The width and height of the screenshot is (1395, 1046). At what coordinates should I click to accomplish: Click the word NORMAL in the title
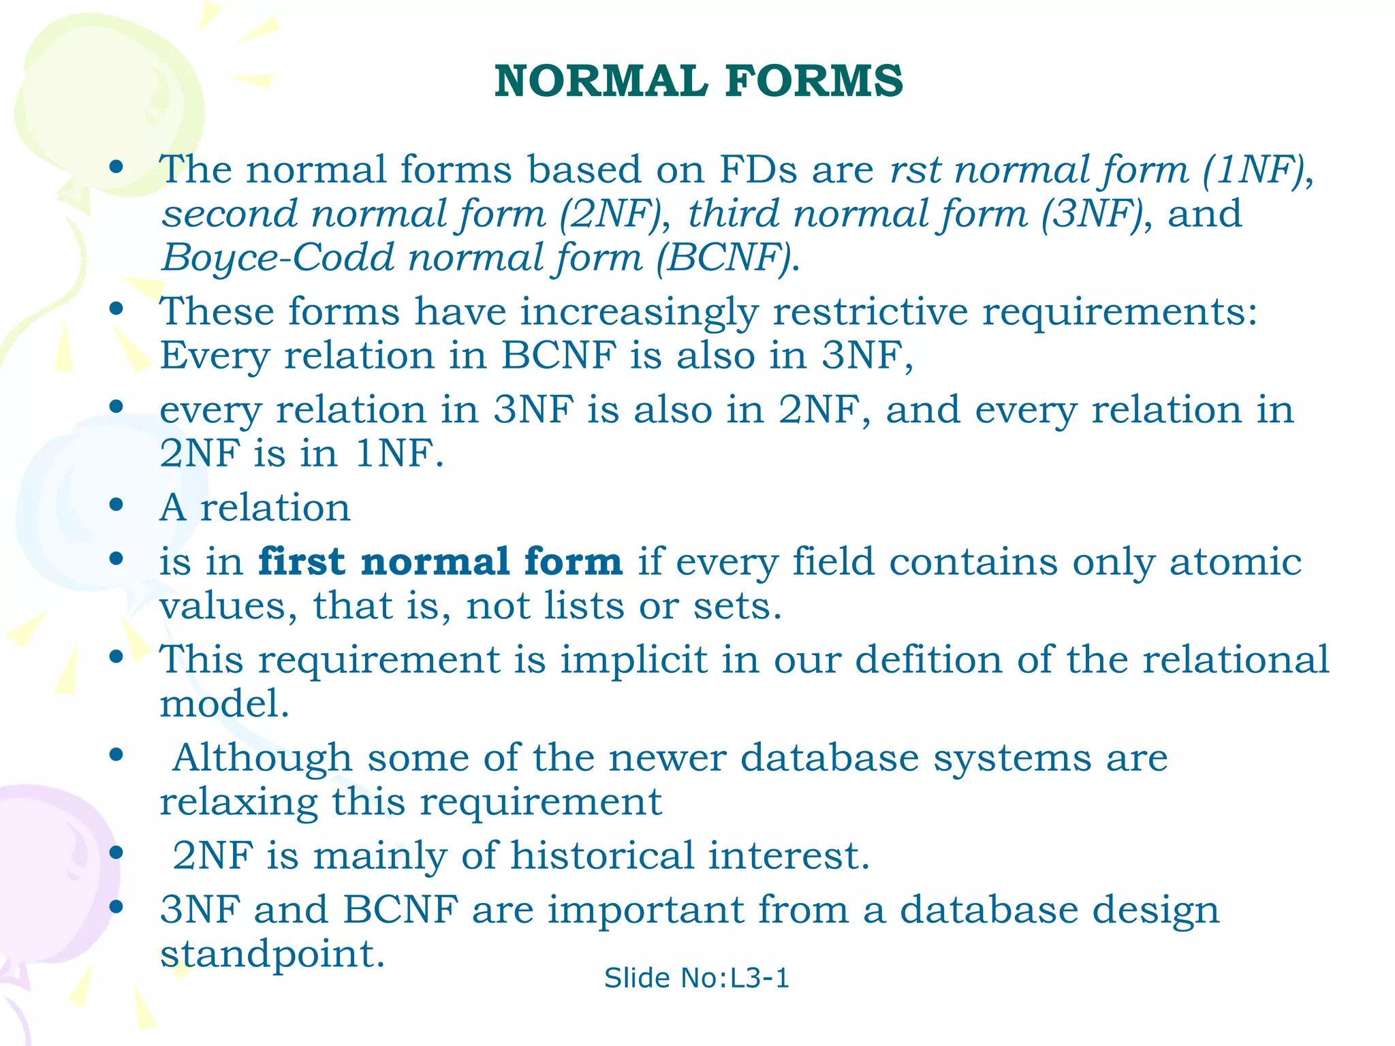pyautogui.click(x=601, y=81)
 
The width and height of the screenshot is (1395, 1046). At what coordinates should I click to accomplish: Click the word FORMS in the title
pyautogui.click(x=814, y=81)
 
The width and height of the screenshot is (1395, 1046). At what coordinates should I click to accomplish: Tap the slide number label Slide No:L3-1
pyautogui.click(x=696, y=978)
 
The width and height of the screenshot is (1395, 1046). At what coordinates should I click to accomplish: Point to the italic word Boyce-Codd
pyautogui.click(x=278, y=258)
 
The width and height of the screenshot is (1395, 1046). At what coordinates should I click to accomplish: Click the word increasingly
pyautogui.click(x=639, y=313)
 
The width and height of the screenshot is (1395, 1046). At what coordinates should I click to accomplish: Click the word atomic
pyautogui.click(x=1235, y=562)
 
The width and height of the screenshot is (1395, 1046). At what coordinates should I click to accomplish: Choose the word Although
pyautogui.click(x=262, y=759)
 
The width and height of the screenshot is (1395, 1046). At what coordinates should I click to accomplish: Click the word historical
pyautogui.click(x=602, y=855)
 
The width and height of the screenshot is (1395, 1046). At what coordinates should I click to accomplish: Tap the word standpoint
pyautogui.click(x=272, y=955)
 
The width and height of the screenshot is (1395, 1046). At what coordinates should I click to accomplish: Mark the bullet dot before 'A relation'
pyautogui.click(x=116, y=505)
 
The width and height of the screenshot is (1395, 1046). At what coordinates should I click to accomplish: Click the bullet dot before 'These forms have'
pyautogui.click(x=116, y=309)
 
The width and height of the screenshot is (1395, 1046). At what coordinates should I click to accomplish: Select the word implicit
pyautogui.click(x=633, y=661)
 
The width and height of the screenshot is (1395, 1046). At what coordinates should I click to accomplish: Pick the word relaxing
pyautogui.click(x=238, y=802)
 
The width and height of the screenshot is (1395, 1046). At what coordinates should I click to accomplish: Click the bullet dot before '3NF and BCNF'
pyautogui.click(x=116, y=907)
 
